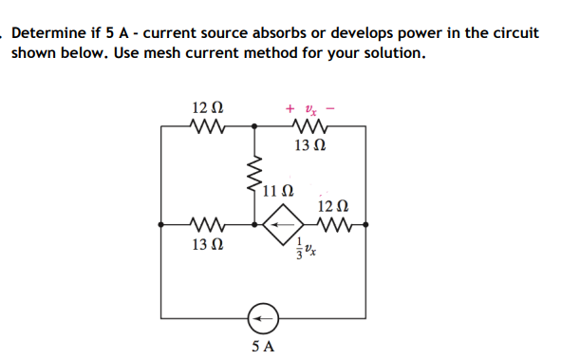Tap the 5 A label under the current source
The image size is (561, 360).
[264, 346]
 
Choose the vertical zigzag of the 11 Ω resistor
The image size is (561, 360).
[252, 175]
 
